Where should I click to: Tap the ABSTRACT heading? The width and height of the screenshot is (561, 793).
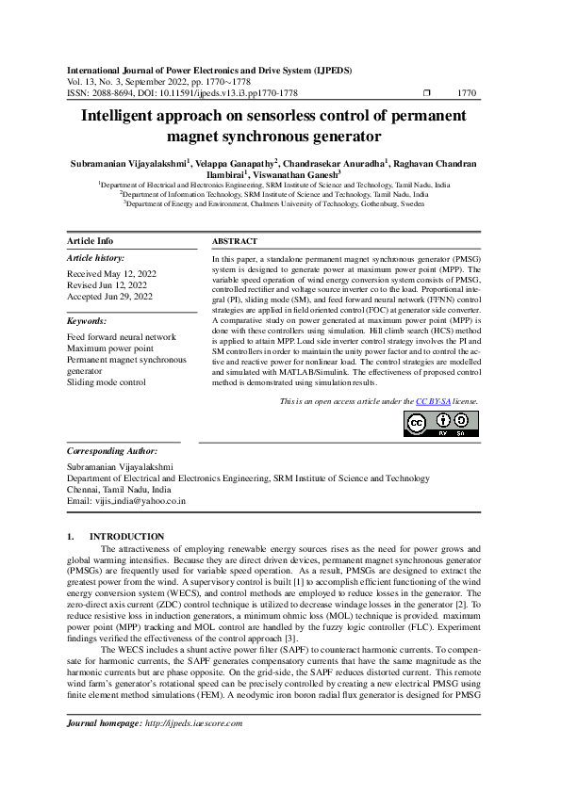tap(234, 242)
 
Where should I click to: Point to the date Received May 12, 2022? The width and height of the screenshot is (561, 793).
tap(111, 273)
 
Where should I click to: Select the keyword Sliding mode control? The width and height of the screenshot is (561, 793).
tap(107, 382)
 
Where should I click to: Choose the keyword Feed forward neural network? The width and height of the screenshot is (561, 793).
tap(121, 336)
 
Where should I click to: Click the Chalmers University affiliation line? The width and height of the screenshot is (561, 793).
tap(280, 202)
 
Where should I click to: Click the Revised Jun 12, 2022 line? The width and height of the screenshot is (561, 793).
tap(107, 284)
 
